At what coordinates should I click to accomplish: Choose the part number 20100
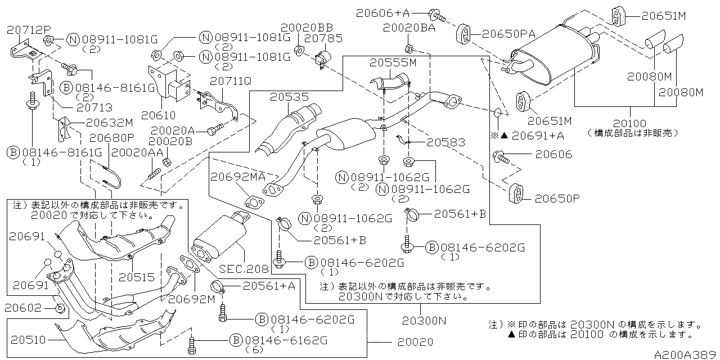[629, 123]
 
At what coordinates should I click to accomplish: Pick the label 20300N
[424, 321]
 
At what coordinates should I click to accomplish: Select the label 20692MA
[238, 177]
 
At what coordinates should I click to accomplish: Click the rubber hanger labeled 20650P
[515, 193]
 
